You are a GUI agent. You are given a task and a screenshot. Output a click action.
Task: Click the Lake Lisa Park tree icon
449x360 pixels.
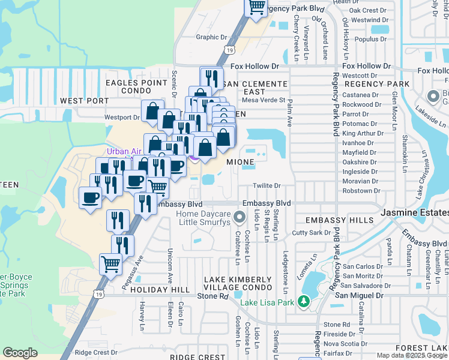click(x=304, y=301)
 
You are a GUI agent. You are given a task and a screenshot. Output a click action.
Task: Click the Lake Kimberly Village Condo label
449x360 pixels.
click(x=238, y=284)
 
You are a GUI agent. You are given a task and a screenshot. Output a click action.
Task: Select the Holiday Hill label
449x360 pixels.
click(x=155, y=290)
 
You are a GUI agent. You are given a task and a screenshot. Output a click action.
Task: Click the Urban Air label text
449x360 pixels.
click(x=123, y=151)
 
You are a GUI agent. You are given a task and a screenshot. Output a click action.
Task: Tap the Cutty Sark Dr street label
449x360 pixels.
click(x=311, y=232)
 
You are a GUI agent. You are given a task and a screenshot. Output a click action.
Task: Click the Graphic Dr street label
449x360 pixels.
click(x=212, y=37)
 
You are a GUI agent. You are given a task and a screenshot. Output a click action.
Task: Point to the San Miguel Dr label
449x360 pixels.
click(x=359, y=295)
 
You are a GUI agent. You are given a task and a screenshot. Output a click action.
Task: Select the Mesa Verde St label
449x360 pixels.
click(x=264, y=100)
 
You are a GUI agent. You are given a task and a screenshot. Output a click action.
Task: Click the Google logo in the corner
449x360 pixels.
click(x=20, y=353)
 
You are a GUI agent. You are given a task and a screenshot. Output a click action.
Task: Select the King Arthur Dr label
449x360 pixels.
click(x=363, y=133)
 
